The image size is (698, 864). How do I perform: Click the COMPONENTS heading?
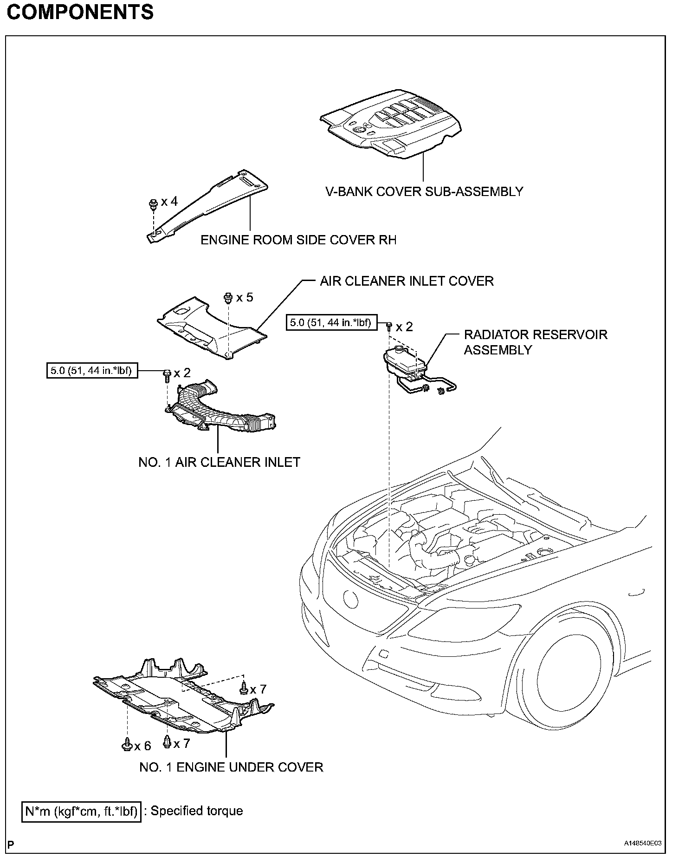tap(80, 13)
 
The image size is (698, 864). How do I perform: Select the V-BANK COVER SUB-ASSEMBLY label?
tap(424, 191)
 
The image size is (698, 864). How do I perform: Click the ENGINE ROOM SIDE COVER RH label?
tap(298, 240)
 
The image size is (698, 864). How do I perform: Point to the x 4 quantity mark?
tap(169, 202)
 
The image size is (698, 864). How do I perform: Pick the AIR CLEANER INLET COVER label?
tap(407, 281)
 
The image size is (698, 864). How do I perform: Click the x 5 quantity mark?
tap(245, 297)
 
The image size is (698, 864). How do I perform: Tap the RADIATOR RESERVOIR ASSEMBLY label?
tap(535, 342)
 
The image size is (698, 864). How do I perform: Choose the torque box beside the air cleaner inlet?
tap(92, 371)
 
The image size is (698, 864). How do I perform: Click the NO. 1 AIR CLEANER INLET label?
tap(219, 462)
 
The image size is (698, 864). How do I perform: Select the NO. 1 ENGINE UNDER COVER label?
tap(231, 767)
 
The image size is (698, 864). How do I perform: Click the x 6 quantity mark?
tap(142, 746)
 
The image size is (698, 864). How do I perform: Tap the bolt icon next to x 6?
tap(126, 745)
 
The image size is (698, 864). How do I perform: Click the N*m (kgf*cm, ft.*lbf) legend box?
tap(81, 812)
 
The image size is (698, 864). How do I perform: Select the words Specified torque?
tap(197, 811)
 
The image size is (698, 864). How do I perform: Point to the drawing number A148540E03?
tap(643, 844)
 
